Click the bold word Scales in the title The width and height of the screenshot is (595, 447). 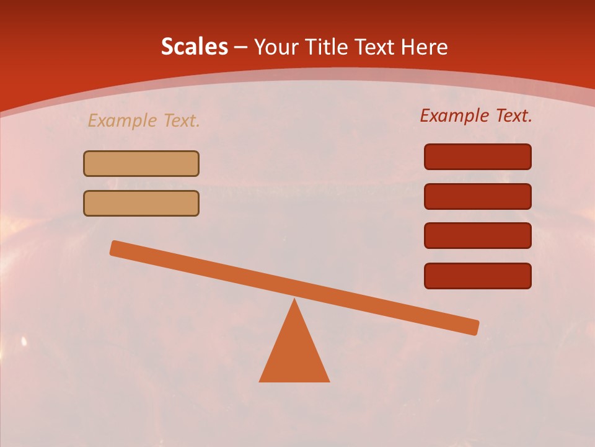[194, 47]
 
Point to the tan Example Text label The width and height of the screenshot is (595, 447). [143, 120]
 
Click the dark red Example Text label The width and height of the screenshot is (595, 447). [476, 115]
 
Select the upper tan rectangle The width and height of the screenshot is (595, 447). [141, 163]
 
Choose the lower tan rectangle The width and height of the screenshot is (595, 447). [141, 203]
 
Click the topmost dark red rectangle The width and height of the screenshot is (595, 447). [477, 156]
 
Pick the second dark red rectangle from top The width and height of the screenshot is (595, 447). [477, 196]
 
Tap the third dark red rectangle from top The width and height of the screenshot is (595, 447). [477, 236]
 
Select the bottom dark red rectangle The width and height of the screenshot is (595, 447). [477, 276]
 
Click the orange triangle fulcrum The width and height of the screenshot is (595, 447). [294, 354]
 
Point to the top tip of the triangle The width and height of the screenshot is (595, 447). [294, 301]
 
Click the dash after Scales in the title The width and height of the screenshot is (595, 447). [241, 47]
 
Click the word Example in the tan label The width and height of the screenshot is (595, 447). [123, 120]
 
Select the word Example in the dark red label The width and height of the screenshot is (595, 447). [455, 115]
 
